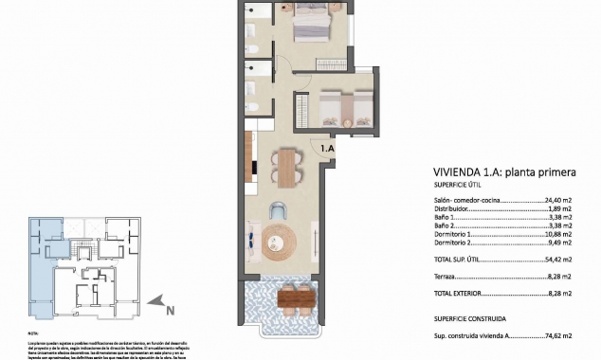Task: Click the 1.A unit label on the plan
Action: point(328,148)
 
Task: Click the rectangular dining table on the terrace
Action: point(296,298)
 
